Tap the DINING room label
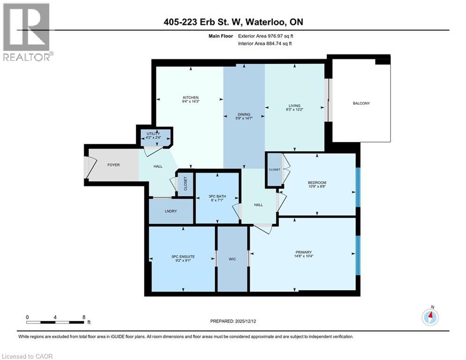(x=244, y=114)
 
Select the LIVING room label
(x=295, y=105)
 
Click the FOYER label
(x=113, y=165)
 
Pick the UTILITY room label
(x=154, y=134)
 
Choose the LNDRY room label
(x=171, y=211)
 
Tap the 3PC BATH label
(x=216, y=197)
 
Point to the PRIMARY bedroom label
(x=303, y=252)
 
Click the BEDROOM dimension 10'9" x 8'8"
(x=317, y=187)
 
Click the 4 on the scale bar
(x=55, y=317)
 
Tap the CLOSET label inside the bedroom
(x=274, y=169)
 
